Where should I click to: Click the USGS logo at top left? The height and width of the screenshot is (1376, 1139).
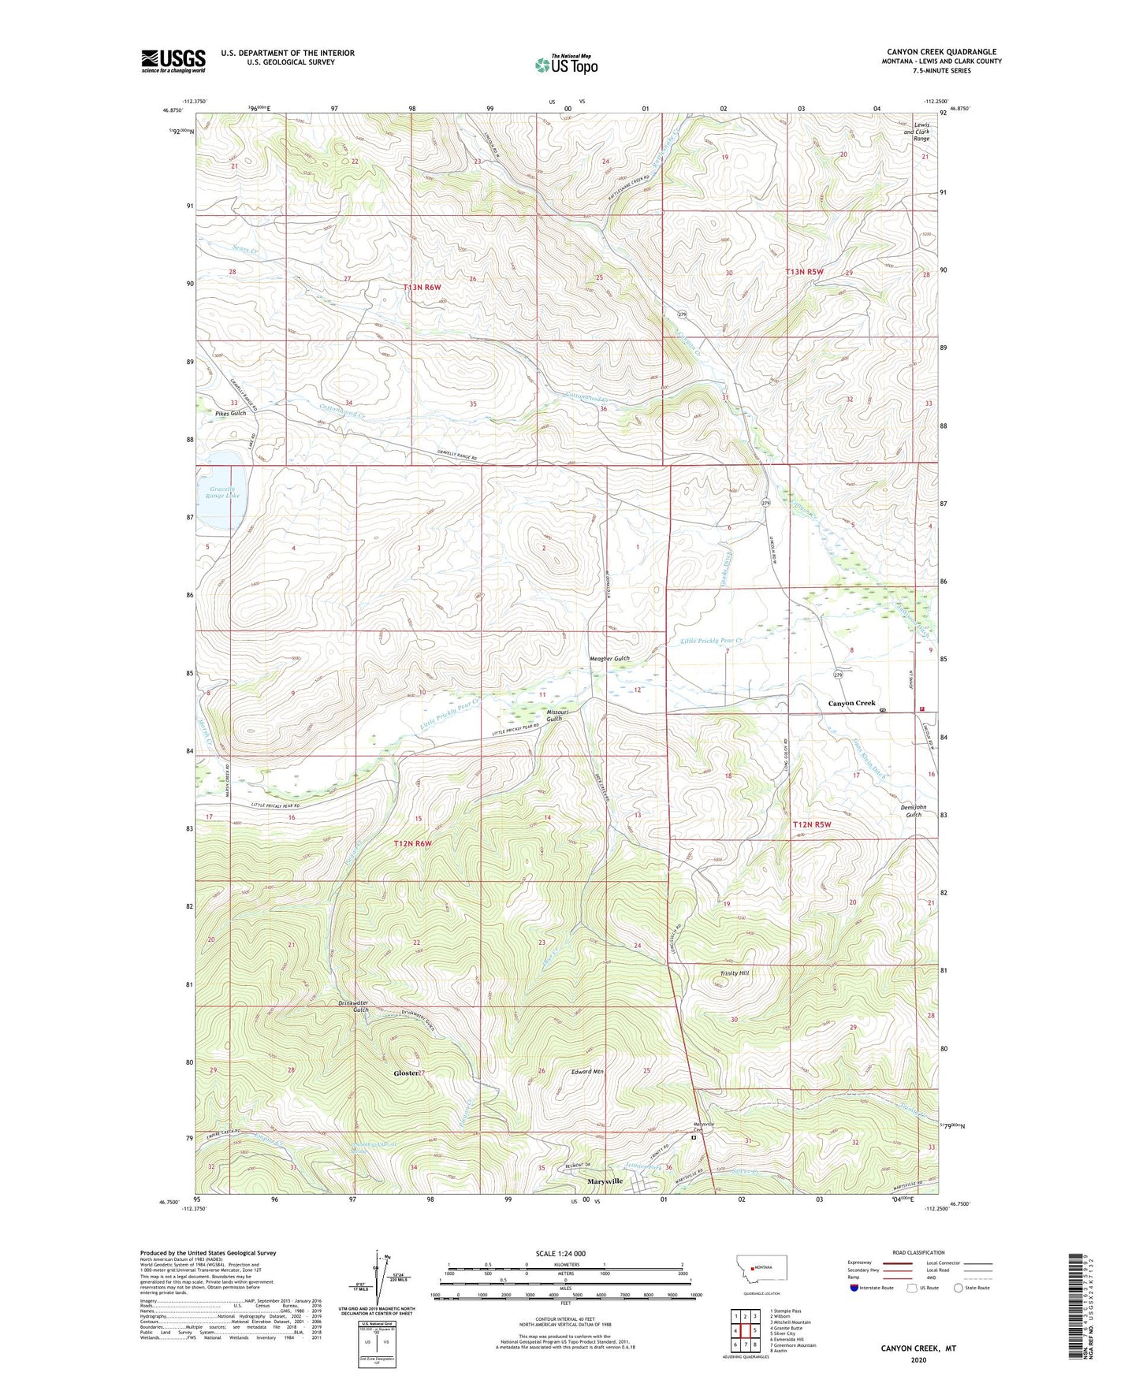pyautogui.click(x=173, y=61)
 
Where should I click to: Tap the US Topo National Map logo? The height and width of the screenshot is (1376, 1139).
pyautogui.click(x=566, y=64)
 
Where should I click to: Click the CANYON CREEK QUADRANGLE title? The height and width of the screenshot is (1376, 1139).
pyautogui.click(x=941, y=52)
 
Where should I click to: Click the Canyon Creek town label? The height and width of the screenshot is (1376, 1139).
pyautogui.click(x=851, y=703)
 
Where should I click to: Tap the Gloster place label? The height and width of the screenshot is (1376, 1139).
pyautogui.click(x=406, y=1073)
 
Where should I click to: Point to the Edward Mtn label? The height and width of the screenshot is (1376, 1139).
pyautogui.click(x=587, y=1072)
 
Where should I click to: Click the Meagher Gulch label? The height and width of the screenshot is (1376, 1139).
pyautogui.click(x=609, y=658)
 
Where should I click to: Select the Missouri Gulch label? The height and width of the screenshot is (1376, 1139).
pyautogui.click(x=554, y=715)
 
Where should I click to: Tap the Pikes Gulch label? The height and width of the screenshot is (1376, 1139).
pyautogui.click(x=230, y=413)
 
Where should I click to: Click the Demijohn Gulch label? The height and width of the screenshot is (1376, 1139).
pyautogui.click(x=910, y=811)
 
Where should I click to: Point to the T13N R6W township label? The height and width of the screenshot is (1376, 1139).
pyautogui.click(x=422, y=288)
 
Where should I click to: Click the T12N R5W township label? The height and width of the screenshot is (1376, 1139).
pyautogui.click(x=812, y=824)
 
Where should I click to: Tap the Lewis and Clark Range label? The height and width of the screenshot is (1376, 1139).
pyautogui.click(x=921, y=132)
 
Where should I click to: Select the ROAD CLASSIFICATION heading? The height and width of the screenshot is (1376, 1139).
pyautogui.click(x=918, y=1252)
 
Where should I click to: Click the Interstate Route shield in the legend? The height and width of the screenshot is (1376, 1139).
pyautogui.click(x=855, y=1289)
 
